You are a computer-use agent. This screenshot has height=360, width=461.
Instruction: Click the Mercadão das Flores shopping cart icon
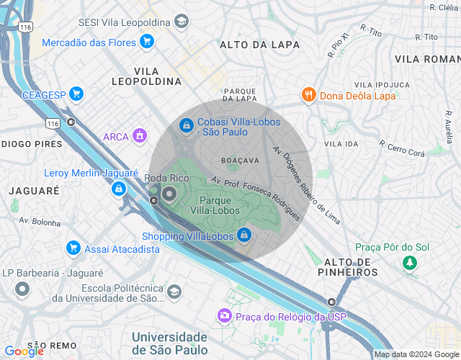[147, 42]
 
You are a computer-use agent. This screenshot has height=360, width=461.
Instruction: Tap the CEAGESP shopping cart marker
[76, 94]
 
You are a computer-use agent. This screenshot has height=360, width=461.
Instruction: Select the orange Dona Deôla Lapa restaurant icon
[308, 94]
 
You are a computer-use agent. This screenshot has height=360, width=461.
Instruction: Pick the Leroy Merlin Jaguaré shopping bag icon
[117, 189]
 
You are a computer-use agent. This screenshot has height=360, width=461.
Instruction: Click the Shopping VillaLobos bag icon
[245, 235]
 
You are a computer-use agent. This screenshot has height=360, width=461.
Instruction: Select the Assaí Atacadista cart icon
[73, 248]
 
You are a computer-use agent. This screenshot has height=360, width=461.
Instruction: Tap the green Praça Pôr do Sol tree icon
[410, 263]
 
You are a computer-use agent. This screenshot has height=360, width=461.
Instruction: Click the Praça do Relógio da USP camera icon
[225, 316]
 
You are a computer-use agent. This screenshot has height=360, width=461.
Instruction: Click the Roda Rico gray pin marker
[169, 194]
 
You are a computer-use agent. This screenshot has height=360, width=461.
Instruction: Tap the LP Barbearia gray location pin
[22, 290]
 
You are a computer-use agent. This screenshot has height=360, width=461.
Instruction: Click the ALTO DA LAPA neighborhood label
[254, 45]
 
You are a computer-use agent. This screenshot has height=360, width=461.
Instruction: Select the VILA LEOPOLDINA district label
[146, 76]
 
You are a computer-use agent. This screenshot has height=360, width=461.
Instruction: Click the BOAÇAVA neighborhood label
[240, 160]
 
